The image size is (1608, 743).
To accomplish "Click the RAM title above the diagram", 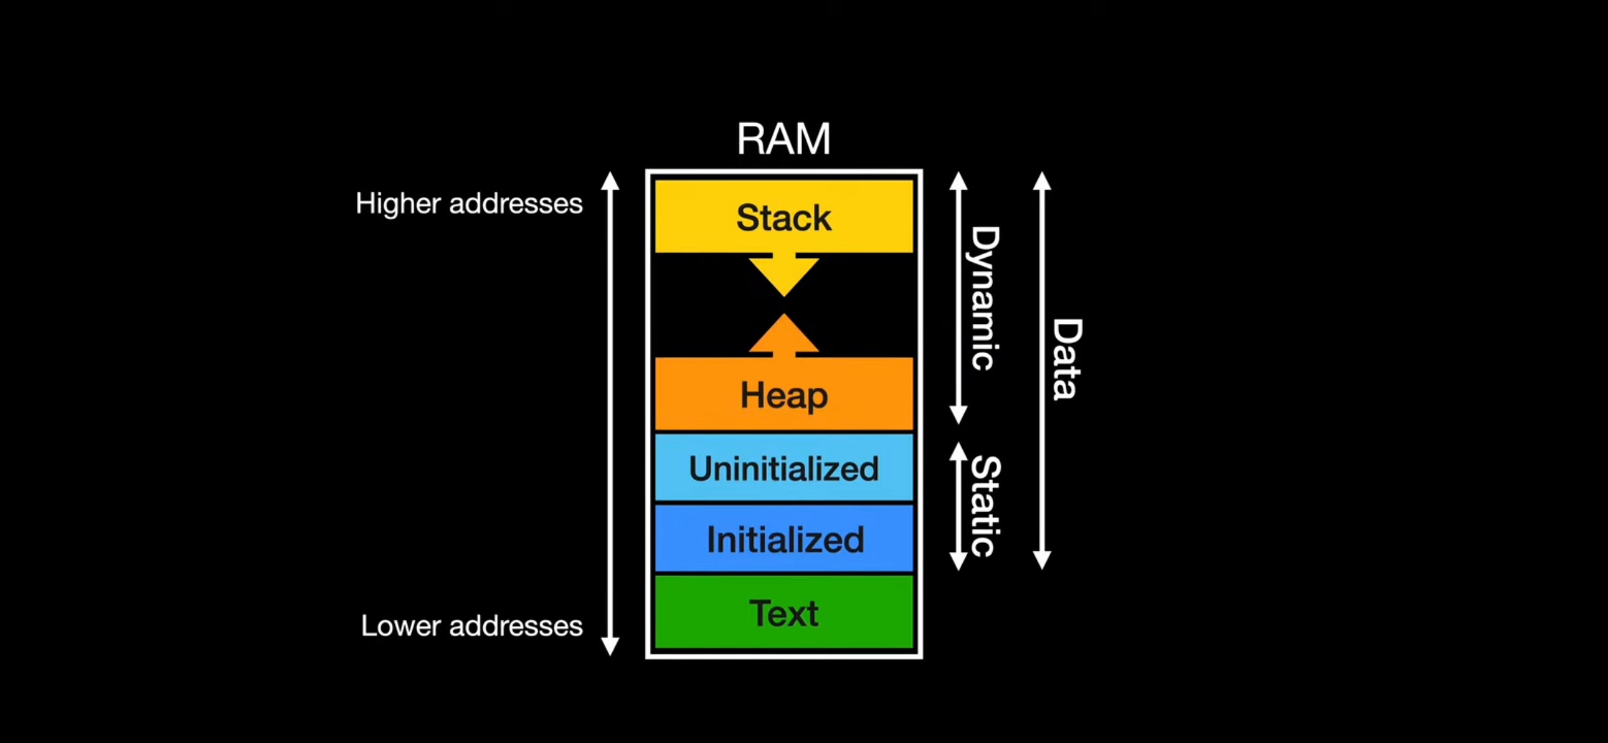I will click(x=783, y=138).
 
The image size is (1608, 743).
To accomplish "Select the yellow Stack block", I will click(x=784, y=217).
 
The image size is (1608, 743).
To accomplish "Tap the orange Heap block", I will click(x=784, y=394).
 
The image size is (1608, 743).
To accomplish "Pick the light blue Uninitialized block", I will click(x=784, y=468).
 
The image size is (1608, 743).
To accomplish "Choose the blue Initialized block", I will click(x=784, y=539).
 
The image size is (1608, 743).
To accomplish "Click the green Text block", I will click(x=784, y=612).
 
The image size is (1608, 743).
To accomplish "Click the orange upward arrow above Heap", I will click(x=784, y=335).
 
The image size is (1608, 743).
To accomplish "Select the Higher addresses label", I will click(x=469, y=204).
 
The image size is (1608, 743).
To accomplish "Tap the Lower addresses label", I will click(x=471, y=626).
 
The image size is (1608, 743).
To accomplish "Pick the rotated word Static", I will click(x=985, y=506).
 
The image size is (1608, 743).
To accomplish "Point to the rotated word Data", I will click(x=1066, y=359).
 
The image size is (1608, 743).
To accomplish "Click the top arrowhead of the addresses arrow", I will click(x=610, y=180).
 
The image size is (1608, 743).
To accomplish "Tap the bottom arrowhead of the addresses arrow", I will click(x=610, y=646).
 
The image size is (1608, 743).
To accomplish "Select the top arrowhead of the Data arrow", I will click(x=1042, y=180).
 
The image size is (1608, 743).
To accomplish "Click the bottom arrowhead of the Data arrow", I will click(x=1042, y=560).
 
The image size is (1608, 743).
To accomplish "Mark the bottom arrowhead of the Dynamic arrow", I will click(x=958, y=415).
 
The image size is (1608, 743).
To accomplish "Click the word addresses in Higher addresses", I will click(x=516, y=204).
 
